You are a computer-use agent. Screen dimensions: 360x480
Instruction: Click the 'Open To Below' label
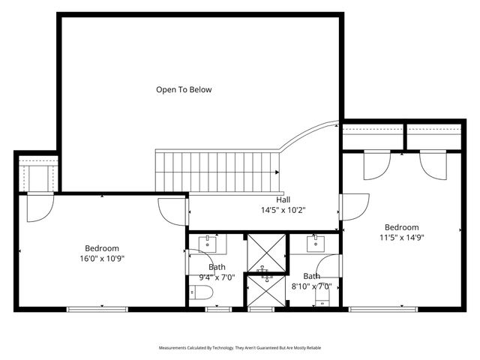(184, 90)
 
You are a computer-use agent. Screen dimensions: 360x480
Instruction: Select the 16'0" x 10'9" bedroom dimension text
(102, 253)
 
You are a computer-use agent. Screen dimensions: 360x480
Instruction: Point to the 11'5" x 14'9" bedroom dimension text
(402, 232)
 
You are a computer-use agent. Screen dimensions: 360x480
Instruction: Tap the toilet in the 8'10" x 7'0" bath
(322, 299)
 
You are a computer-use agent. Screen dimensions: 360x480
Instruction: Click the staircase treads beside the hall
(217, 171)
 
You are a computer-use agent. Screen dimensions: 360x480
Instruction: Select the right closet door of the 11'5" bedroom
(432, 166)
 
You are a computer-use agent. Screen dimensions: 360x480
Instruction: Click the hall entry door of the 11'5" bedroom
(354, 207)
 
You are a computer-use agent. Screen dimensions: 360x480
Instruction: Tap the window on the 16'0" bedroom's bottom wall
(97, 308)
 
